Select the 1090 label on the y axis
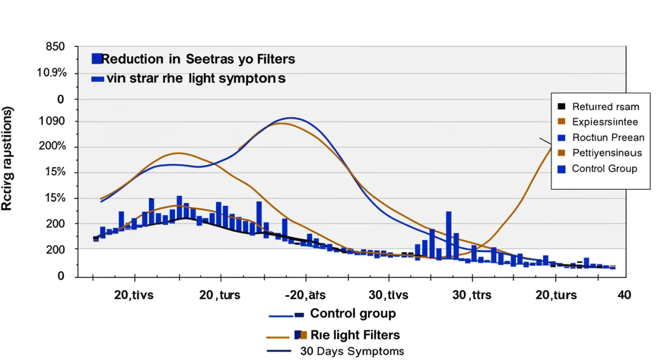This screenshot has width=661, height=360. [x=50, y=122]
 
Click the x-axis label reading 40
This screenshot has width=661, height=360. [x=624, y=295]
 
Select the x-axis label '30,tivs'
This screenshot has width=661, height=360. [x=388, y=295]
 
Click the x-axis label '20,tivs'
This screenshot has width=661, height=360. [x=134, y=295]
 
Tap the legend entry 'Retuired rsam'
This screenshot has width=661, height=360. [x=605, y=107]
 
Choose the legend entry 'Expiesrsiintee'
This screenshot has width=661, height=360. [x=605, y=122]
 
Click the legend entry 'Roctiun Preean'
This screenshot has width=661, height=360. [x=608, y=138]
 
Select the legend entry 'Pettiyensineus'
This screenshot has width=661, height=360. [x=606, y=152]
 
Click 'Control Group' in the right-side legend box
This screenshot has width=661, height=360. [x=604, y=168]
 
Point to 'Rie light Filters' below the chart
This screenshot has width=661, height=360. [x=355, y=335]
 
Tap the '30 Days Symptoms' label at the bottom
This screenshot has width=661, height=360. [x=352, y=351]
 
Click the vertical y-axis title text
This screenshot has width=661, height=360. [x=8, y=160]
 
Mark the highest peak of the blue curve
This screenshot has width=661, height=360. [x=291, y=118]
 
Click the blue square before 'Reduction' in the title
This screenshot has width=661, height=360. [x=97, y=59]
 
